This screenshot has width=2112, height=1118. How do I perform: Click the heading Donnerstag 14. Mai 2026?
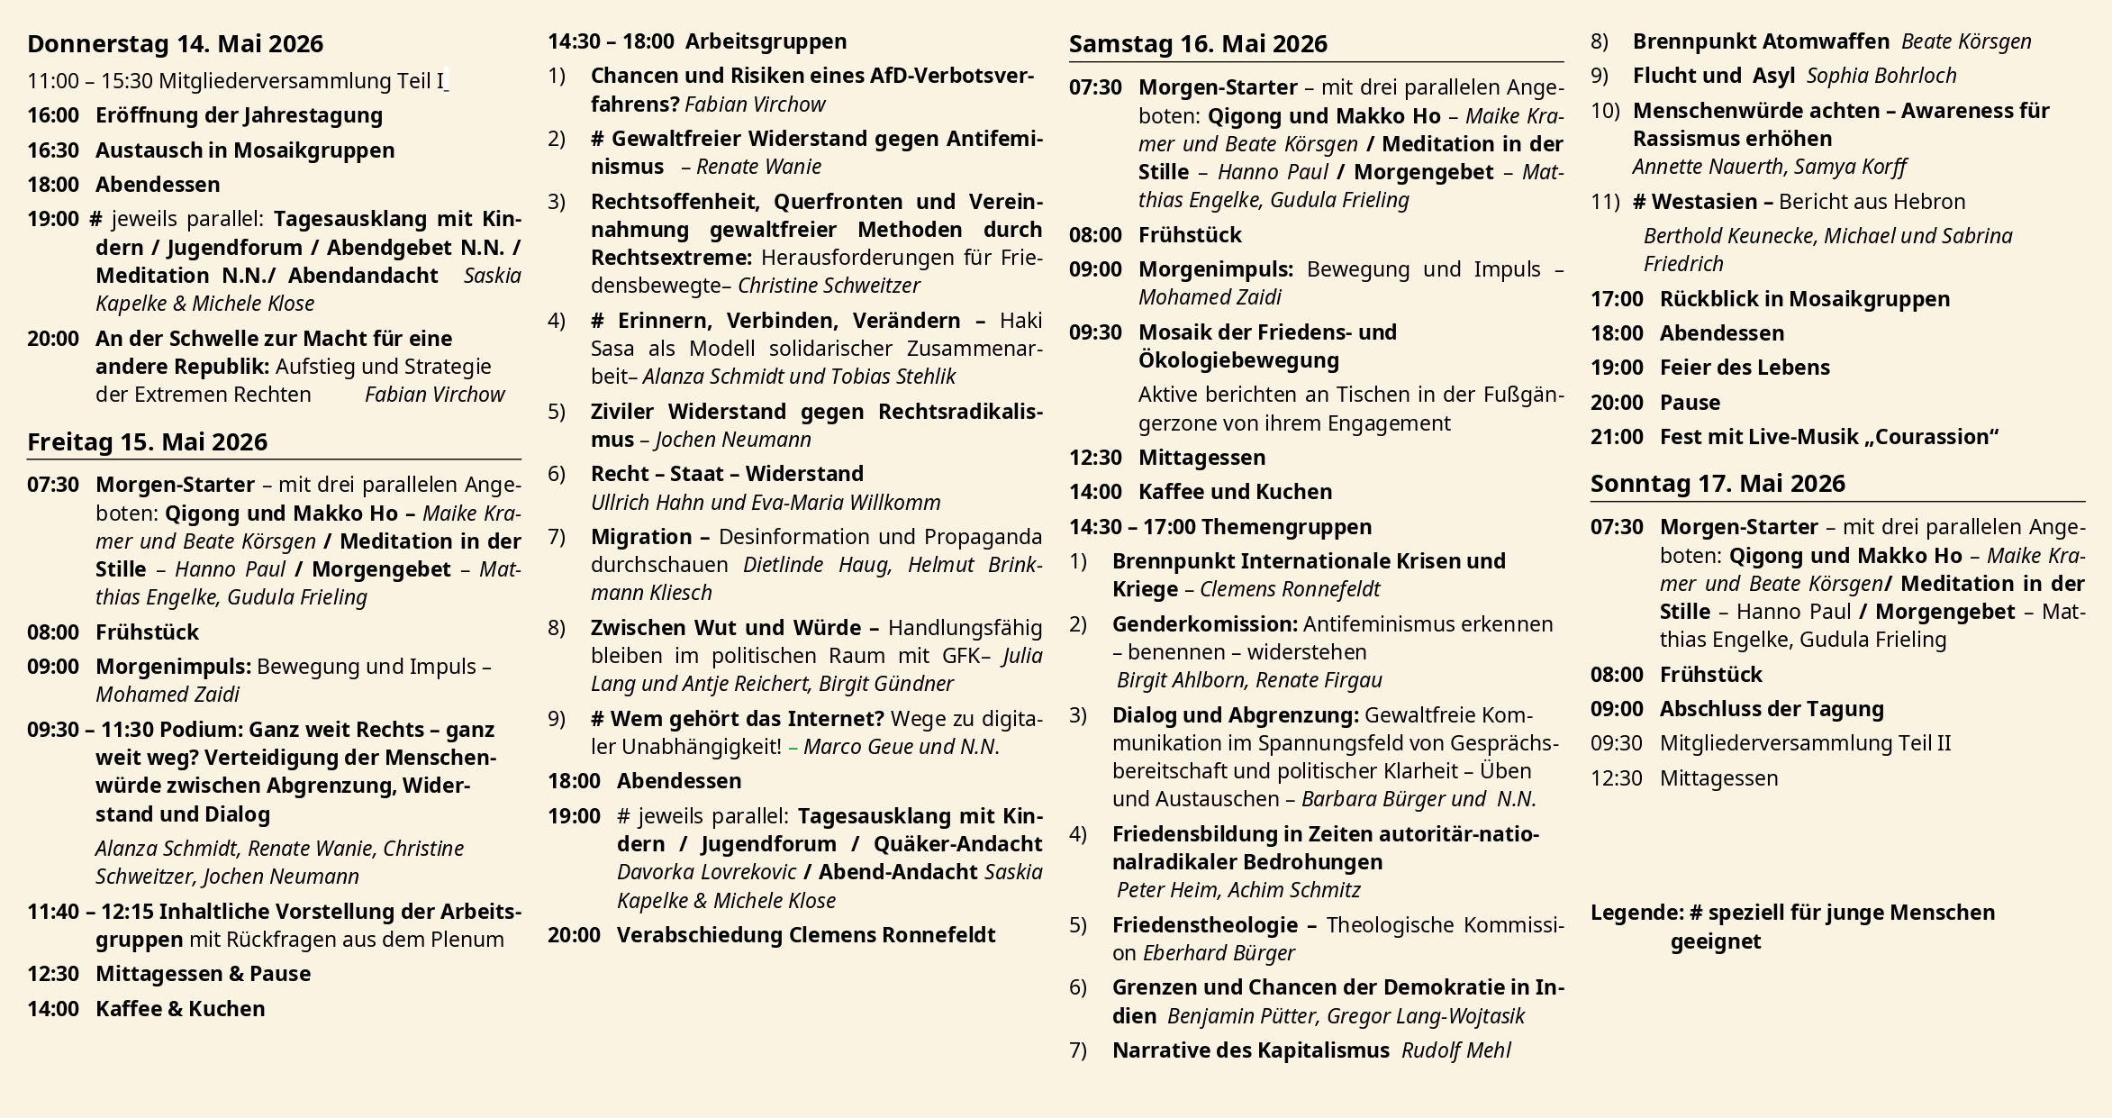point(175,44)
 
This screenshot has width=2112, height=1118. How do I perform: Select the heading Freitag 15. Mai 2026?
point(147,442)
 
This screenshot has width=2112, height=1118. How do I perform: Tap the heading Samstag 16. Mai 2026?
point(1198,44)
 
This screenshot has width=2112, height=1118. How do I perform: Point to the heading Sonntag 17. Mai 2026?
point(1718,484)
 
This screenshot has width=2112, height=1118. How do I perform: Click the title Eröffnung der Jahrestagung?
point(239,115)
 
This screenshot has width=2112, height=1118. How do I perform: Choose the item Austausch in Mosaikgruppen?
point(245,150)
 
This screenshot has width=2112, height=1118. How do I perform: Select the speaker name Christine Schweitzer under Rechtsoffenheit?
point(829,286)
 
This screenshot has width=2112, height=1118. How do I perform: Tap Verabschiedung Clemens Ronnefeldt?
point(805,935)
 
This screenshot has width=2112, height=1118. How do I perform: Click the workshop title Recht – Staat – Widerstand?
point(727,474)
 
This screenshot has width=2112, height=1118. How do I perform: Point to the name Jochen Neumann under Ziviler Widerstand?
point(733,440)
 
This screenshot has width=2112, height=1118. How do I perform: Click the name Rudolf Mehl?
point(1455,1050)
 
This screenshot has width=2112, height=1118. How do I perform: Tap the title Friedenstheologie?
point(1205,925)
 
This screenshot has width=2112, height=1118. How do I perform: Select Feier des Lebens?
point(1745,368)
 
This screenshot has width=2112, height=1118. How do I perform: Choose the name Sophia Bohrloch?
point(1881,76)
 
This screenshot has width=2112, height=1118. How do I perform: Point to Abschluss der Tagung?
point(1772,709)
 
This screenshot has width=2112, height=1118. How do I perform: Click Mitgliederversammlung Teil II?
point(1805,743)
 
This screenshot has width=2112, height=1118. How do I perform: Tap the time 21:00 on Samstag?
point(1617,437)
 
